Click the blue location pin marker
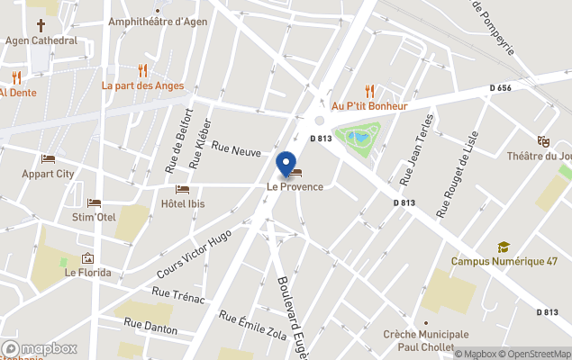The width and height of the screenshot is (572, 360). (286, 163)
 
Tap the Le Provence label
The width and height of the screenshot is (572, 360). (294, 186)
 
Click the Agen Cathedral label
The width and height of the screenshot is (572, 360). (41, 40)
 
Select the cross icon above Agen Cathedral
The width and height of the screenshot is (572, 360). (41, 25)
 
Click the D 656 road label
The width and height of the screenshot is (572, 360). (501, 87)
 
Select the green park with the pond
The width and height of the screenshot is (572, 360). (358, 139)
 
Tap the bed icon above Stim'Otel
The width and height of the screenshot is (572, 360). (94, 202)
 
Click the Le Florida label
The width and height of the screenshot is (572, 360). (87, 272)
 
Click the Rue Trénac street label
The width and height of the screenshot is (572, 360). (178, 294)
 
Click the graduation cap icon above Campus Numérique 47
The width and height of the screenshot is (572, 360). (504, 247)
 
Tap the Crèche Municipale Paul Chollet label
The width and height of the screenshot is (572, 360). (426, 340)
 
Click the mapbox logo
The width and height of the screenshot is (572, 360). (40, 348)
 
